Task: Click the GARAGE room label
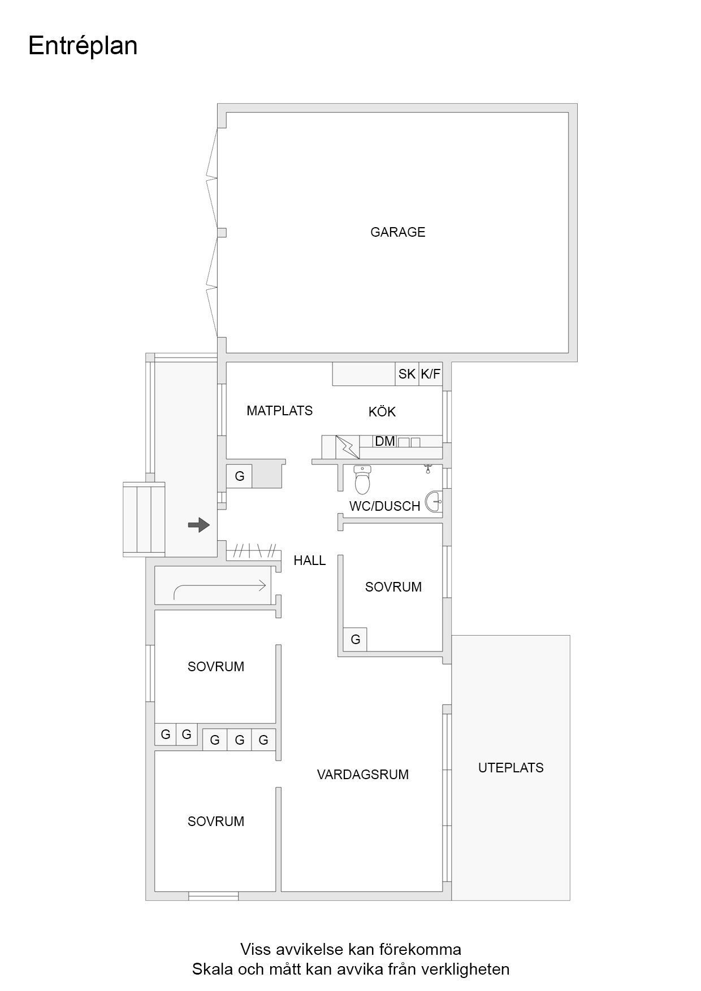(397, 232)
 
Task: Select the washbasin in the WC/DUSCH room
(435, 501)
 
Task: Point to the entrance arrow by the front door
(198, 525)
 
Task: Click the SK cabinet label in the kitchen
(406, 374)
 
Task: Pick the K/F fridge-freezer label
(430, 374)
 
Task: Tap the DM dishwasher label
(384, 441)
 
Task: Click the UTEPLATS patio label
(510, 768)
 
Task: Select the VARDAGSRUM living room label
(362, 775)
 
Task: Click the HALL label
(309, 560)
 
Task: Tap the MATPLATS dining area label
(279, 411)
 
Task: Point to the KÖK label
(382, 412)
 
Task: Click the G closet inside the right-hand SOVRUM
(356, 640)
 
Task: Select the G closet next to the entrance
(240, 476)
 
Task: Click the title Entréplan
(83, 46)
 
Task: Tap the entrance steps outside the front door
(144, 519)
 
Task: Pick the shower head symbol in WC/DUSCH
(428, 468)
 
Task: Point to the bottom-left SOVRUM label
(215, 822)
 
